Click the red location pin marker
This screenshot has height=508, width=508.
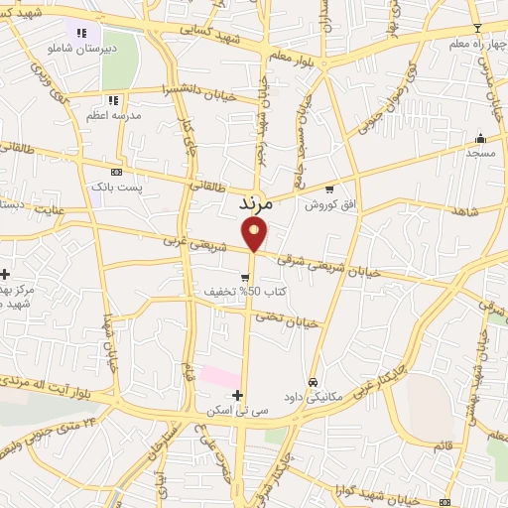tap(255, 233)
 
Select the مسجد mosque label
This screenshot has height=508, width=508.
tap(480, 154)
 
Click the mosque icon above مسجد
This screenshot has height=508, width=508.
tap(481, 138)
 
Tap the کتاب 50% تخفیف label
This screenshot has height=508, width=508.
tap(239, 292)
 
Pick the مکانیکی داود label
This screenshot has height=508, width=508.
tap(312, 397)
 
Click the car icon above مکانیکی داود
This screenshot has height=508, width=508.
tap(313, 381)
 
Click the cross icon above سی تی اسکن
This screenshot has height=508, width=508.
tap(237, 395)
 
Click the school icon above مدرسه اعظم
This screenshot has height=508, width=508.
tap(113, 100)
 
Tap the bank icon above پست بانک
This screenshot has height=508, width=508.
tap(117, 172)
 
